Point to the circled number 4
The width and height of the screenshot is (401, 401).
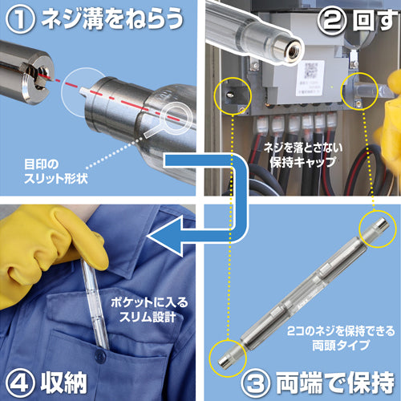(18, 379)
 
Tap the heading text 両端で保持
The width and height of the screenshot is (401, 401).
(329, 379)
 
